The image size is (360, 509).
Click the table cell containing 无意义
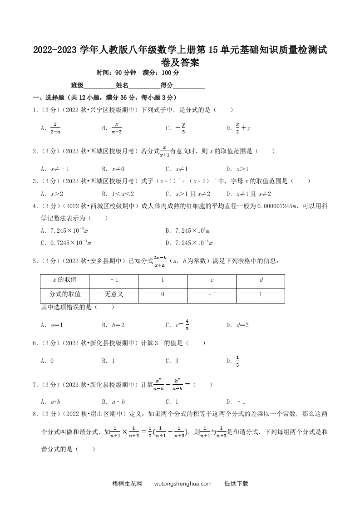click(114, 294)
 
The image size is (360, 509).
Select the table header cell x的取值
click(65, 280)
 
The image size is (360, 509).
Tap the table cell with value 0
click(163, 294)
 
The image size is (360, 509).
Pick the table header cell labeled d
click(261, 280)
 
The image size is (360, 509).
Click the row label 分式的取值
click(65, 294)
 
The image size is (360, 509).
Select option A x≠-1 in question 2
click(55, 169)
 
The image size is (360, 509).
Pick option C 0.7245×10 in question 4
click(66, 243)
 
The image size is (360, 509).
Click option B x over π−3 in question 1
click(113, 128)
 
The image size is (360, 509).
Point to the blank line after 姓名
click(144, 86)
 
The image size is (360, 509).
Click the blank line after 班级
click(99, 86)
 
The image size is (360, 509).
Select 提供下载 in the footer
click(236, 484)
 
